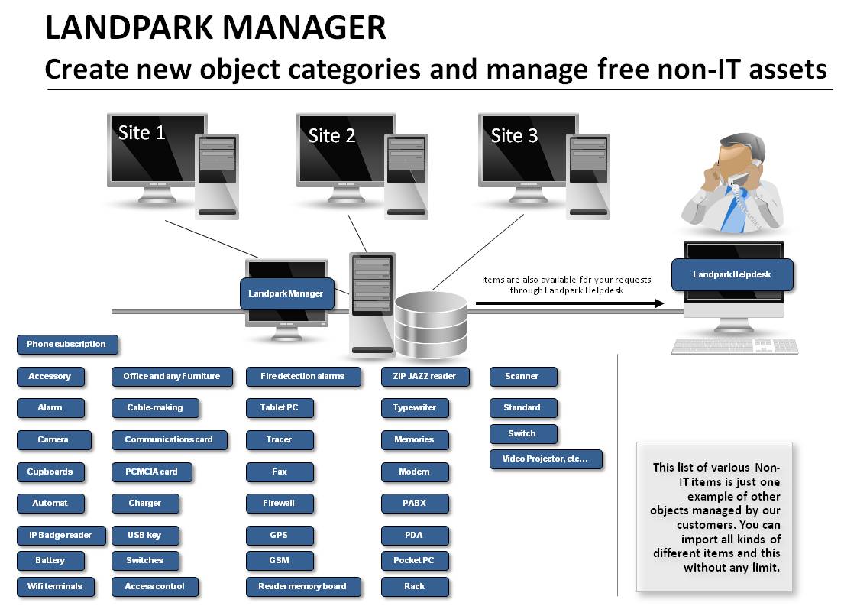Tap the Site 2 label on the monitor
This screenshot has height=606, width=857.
click(331, 135)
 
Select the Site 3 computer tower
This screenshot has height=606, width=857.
click(588, 176)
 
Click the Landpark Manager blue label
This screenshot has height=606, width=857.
click(286, 293)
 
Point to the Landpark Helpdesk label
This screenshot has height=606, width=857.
click(732, 274)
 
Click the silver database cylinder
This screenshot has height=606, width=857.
click(431, 325)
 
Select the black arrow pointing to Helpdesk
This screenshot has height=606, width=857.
click(570, 303)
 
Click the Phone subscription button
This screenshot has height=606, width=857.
click(67, 345)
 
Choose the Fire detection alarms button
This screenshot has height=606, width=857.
click(303, 376)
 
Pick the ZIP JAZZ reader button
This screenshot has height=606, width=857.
click(425, 376)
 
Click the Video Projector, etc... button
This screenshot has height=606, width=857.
click(545, 459)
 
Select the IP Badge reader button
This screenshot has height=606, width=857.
click(60, 536)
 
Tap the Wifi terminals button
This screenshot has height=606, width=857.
click(55, 586)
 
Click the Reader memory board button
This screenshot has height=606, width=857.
click(303, 586)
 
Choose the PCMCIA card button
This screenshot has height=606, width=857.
click(152, 472)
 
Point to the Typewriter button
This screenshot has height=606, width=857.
click(415, 408)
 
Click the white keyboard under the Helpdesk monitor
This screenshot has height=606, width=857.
click(735, 345)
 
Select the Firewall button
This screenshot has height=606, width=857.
click(280, 503)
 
